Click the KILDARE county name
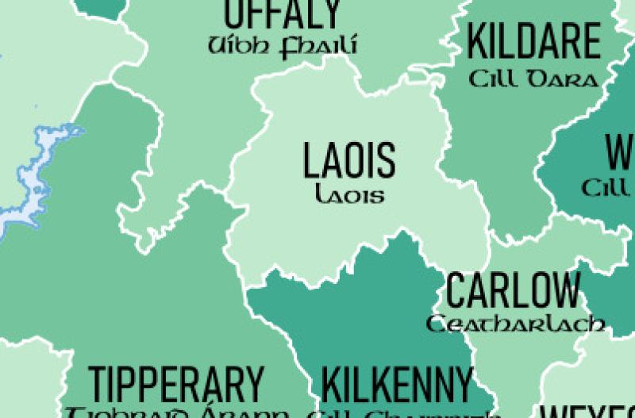pos(533,41)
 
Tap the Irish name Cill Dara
pos(533,80)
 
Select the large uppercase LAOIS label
pos(349,160)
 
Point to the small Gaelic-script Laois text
pos(349,194)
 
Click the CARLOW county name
pos(513,291)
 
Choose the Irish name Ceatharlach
pos(516,324)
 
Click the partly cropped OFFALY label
pos(283,14)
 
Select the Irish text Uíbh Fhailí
pos(282,46)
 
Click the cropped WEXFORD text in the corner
pos(587,412)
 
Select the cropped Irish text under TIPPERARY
pos(176,413)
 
